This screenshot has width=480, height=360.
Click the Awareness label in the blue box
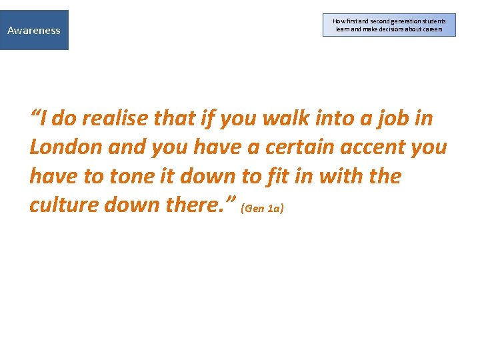click(x=33, y=30)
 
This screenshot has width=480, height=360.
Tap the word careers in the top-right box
click(x=430, y=29)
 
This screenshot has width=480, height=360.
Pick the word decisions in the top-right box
click(x=393, y=29)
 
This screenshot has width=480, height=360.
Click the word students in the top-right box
click(x=431, y=21)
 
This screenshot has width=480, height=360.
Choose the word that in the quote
click(x=175, y=119)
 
